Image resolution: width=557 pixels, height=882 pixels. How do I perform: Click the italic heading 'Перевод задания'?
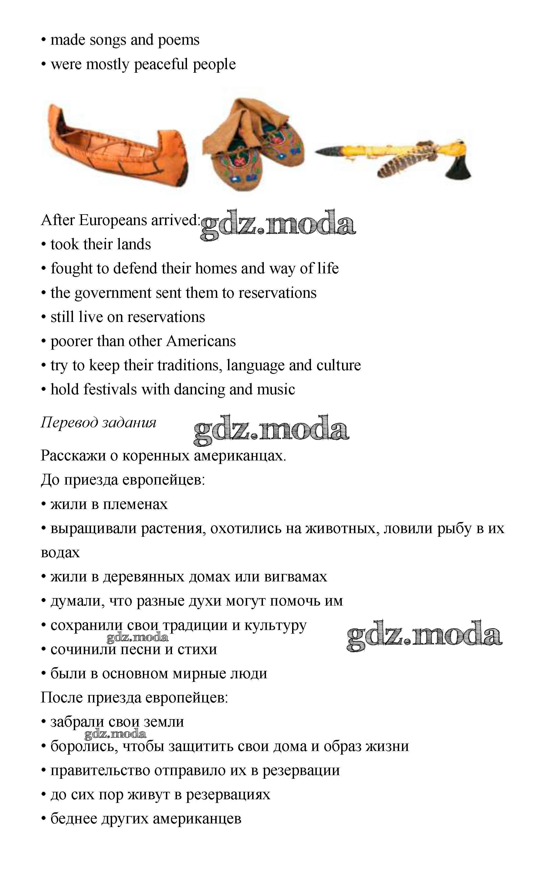pyautogui.click(x=98, y=423)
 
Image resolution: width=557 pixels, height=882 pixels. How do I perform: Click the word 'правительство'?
pyautogui.click(x=100, y=770)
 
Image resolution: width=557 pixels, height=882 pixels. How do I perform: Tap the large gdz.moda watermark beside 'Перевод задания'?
pyautogui.click(x=271, y=429)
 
